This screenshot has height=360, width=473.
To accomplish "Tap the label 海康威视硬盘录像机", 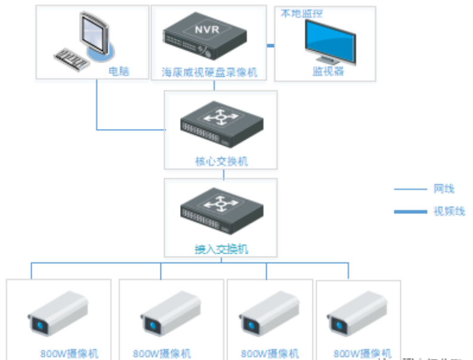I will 209,72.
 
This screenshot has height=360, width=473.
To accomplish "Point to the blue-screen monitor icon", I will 330,41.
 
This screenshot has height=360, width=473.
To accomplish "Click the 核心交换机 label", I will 221,162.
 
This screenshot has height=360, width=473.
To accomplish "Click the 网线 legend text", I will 444,189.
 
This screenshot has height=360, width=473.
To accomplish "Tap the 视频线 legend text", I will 449,211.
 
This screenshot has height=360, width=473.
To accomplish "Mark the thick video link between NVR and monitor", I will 269,45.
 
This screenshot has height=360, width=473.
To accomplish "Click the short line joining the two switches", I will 224,174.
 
